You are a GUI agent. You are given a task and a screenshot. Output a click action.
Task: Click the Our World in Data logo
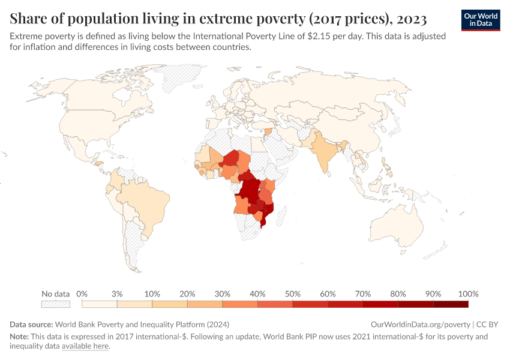point(481,20)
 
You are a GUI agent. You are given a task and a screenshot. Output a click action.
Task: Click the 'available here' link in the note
point(85,346)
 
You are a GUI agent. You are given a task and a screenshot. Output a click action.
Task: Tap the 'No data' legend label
point(56,294)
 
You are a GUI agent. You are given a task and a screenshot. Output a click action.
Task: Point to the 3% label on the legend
point(117,294)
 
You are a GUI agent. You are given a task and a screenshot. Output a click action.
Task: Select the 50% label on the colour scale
point(293,294)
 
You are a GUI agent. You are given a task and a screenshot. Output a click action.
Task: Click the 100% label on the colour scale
point(468,294)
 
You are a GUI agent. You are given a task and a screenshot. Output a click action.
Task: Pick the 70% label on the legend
point(363,294)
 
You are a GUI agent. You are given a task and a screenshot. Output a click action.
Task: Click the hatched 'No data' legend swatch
point(56,304)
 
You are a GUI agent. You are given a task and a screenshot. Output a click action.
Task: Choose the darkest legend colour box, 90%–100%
point(451,304)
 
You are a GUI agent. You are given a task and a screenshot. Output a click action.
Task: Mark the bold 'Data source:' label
point(31,324)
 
